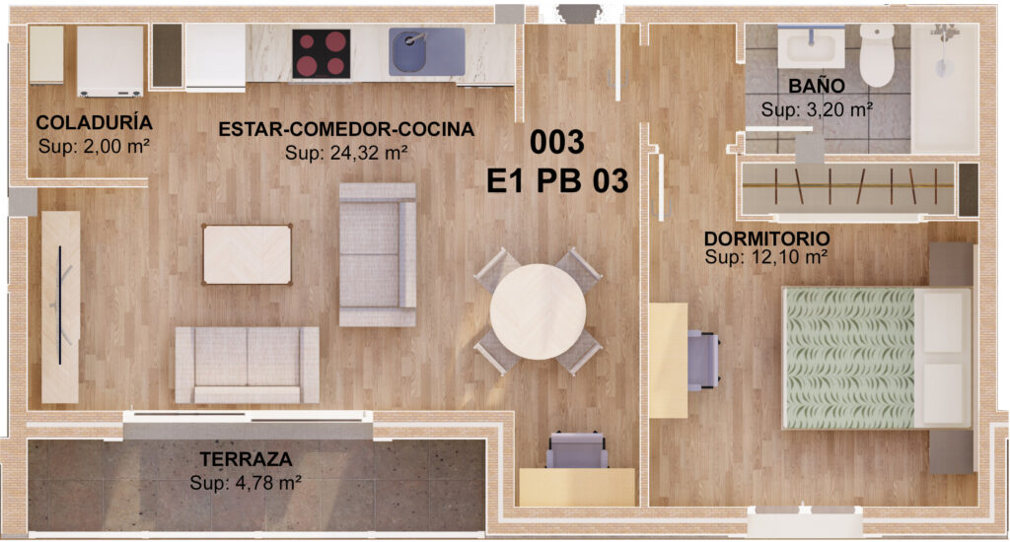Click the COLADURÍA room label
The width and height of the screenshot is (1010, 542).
[x=94, y=122]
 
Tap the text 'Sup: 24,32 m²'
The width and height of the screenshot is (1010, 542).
[x=346, y=153]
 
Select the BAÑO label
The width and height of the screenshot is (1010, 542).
[x=816, y=86]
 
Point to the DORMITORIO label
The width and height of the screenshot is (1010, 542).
[x=766, y=238]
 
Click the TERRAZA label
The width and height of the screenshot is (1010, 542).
[x=246, y=459]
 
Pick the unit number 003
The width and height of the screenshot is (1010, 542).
[x=556, y=142]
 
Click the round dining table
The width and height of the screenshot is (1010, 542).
[x=538, y=312]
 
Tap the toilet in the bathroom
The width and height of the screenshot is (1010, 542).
[x=877, y=55]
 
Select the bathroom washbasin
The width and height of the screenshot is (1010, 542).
[x=811, y=47]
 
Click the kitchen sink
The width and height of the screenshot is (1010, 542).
[x=426, y=51]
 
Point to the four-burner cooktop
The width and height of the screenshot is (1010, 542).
[x=322, y=54]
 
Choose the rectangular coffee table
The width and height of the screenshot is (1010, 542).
[x=248, y=254]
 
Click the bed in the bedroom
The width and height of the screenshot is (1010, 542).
[x=877, y=358]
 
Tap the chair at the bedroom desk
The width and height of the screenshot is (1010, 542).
[x=703, y=360]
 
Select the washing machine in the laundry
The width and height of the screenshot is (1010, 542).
[x=110, y=61]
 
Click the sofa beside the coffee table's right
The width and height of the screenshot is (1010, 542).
[x=378, y=254]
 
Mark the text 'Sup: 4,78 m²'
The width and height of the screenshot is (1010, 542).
[x=246, y=483]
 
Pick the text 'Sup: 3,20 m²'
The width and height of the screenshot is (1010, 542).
[x=817, y=109]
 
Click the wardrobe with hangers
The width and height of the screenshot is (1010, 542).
[x=848, y=187]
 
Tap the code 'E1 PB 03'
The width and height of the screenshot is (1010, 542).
[x=557, y=181]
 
